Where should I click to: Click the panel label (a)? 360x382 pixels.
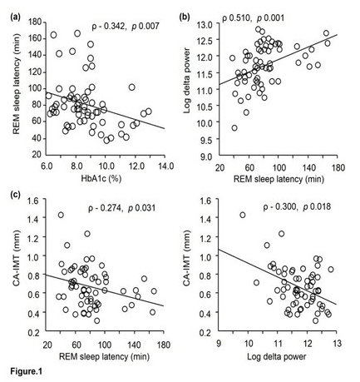pyautogui.click(x=15, y=17)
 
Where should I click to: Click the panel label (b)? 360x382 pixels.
pyautogui.click(x=185, y=17)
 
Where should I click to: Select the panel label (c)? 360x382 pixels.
pyautogui.click(x=15, y=195)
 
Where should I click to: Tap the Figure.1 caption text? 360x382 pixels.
pyautogui.click(x=27, y=371)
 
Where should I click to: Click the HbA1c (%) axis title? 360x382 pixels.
pyautogui.click(x=101, y=179)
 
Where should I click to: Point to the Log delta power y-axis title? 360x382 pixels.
pyautogui.click(x=187, y=81)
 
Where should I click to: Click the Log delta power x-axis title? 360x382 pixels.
pyautogui.click(x=277, y=356)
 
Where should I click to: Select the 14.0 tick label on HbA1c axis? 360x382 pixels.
pyautogui.click(x=165, y=166)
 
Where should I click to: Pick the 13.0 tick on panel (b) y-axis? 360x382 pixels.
pyautogui.click(x=205, y=25)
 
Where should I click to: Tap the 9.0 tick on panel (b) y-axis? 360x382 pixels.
pyautogui.click(x=207, y=156)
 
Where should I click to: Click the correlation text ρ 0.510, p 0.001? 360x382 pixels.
pyautogui.click(x=253, y=18)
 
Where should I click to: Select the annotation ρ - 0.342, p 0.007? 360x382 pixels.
pyautogui.click(x=126, y=27)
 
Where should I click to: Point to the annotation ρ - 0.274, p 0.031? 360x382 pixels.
pyautogui.click(x=121, y=208)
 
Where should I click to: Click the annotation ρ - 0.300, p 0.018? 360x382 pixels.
pyautogui.click(x=297, y=206)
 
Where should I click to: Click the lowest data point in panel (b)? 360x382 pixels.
pyautogui.click(x=234, y=128)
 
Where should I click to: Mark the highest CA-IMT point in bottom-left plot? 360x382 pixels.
pyautogui.click(x=61, y=215)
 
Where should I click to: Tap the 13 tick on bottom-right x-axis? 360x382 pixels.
pyautogui.click(x=337, y=344)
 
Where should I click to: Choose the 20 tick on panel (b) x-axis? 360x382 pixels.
pyautogui.click(x=220, y=167)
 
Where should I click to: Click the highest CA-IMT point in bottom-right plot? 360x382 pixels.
pyautogui.click(x=243, y=215)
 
